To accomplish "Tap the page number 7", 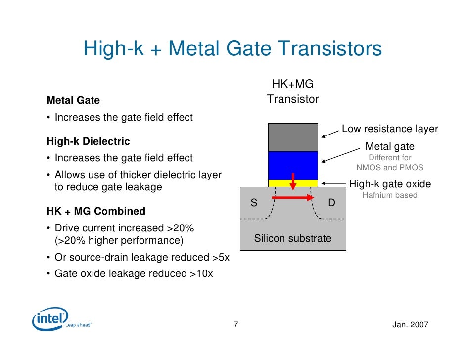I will [236, 325].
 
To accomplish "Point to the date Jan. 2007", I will [410, 325].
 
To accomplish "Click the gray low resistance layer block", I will [293, 137].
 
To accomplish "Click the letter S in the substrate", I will [254, 203].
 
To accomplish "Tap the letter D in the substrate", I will [331, 203].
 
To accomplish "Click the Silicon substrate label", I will [293, 238].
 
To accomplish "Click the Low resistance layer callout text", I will [390, 129].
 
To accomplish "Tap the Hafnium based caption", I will [390, 195].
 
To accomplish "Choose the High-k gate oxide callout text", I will [390, 184].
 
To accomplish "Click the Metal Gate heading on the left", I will [73, 100].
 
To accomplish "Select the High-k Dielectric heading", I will [88, 141].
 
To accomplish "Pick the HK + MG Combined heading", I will [96, 211].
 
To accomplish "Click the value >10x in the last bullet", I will [201, 273].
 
